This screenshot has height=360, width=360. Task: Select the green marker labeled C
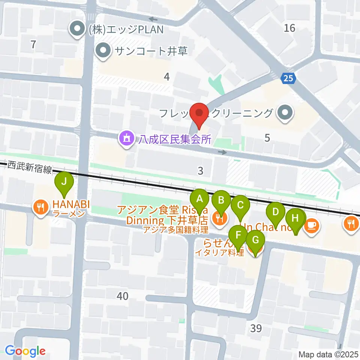[x=240, y=205]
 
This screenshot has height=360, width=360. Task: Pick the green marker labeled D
[x=276, y=212]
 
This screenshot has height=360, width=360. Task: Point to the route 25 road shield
[x=288, y=78]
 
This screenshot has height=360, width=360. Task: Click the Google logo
[x=25, y=351]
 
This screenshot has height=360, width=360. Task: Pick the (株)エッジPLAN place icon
[x=78, y=29]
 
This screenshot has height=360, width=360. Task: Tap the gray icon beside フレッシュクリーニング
[x=285, y=112]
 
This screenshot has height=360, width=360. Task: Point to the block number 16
[x=289, y=28]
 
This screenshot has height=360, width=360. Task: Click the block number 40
[x=122, y=296]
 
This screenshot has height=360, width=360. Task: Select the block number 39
[x=256, y=328]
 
